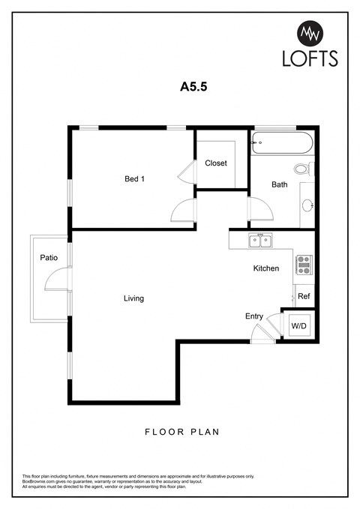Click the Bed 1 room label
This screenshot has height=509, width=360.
click(x=134, y=178)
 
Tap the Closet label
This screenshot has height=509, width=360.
click(x=216, y=163)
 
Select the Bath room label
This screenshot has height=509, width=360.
click(x=279, y=184)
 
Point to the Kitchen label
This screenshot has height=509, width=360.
click(x=266, y=268)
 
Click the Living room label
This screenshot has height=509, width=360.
click(x=133, y=298)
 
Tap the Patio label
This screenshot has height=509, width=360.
click(x=49, y=258)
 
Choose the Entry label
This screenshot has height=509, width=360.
click(x=253, y=316)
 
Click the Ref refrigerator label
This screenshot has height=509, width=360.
click(x=304, y=297)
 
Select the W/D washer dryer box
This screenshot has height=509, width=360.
click(x=298, y=326)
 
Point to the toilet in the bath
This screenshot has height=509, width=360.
click(x=302, y=169)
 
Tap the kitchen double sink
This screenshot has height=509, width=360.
click(x=260, y=241)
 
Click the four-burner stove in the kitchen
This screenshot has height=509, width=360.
click(x=304, y=263)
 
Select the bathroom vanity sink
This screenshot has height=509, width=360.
click(x=307, y=205)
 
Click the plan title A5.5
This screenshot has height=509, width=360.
click(x=193, y=86)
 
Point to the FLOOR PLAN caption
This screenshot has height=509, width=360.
click(x=180, y=433)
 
